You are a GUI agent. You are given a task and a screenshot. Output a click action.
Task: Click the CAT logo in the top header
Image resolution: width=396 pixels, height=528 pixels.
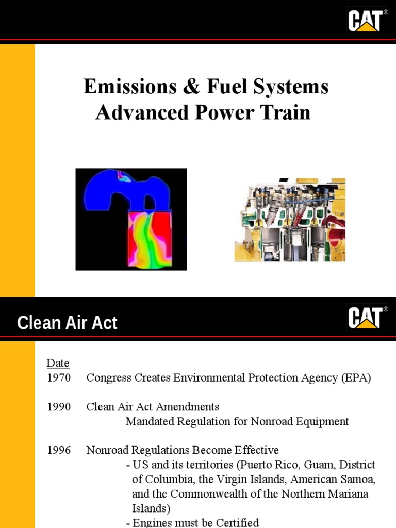click(368, 20)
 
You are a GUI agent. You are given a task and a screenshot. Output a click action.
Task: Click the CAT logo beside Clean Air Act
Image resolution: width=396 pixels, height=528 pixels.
click(368, 318)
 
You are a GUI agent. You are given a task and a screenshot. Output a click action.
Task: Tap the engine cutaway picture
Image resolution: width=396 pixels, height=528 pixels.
click(289, 220)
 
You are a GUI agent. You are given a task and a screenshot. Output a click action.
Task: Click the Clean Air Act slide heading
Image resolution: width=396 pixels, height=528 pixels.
click(67, 323)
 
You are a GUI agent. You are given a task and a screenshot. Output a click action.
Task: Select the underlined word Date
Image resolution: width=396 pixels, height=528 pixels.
click(58, 363)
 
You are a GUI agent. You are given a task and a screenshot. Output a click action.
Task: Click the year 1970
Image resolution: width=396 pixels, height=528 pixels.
click(59, 378)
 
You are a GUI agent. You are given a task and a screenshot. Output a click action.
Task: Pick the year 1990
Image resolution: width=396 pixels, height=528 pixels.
click(59, 407)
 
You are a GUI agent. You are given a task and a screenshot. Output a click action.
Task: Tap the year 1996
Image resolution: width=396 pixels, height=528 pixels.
click(59, 450)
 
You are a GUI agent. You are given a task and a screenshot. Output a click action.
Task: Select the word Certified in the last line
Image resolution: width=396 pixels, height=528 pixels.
click(236, 523)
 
